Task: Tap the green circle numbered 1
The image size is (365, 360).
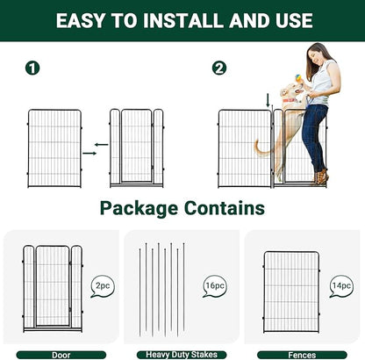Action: [32, 68]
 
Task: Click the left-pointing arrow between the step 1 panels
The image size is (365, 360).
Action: [101, 143]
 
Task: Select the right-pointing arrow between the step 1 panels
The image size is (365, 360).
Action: [89, 155]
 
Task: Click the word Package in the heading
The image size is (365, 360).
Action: [141, 209]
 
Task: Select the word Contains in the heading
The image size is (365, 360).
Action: [224, 209]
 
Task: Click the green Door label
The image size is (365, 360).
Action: [61, 355]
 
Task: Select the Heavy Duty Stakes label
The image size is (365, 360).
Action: [181, 355]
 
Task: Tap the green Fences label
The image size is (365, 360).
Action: [302, 355]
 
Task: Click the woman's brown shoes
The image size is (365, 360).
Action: [322, 178]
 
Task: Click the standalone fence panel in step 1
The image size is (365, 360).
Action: [54, 148]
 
